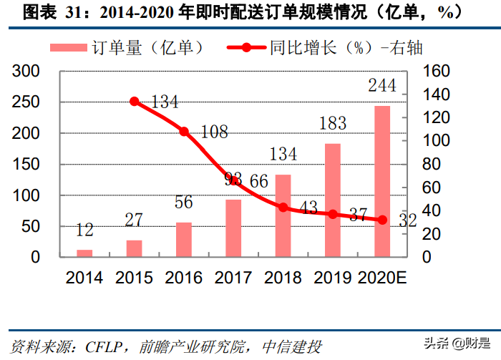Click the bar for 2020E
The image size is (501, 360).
[382, 181]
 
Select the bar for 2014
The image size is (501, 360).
[84, 253]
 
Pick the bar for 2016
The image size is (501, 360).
[184, 239]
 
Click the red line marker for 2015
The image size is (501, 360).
[135, 102]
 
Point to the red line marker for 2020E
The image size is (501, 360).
[382, 220]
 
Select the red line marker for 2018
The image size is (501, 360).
[283, 208]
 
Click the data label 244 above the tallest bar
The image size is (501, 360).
[382, 85]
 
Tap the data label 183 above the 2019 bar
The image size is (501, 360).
[332, 124]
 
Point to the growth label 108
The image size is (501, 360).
[213, 132]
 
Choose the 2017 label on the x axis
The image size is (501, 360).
[233, 278]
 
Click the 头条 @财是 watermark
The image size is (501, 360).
[459, 344]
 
